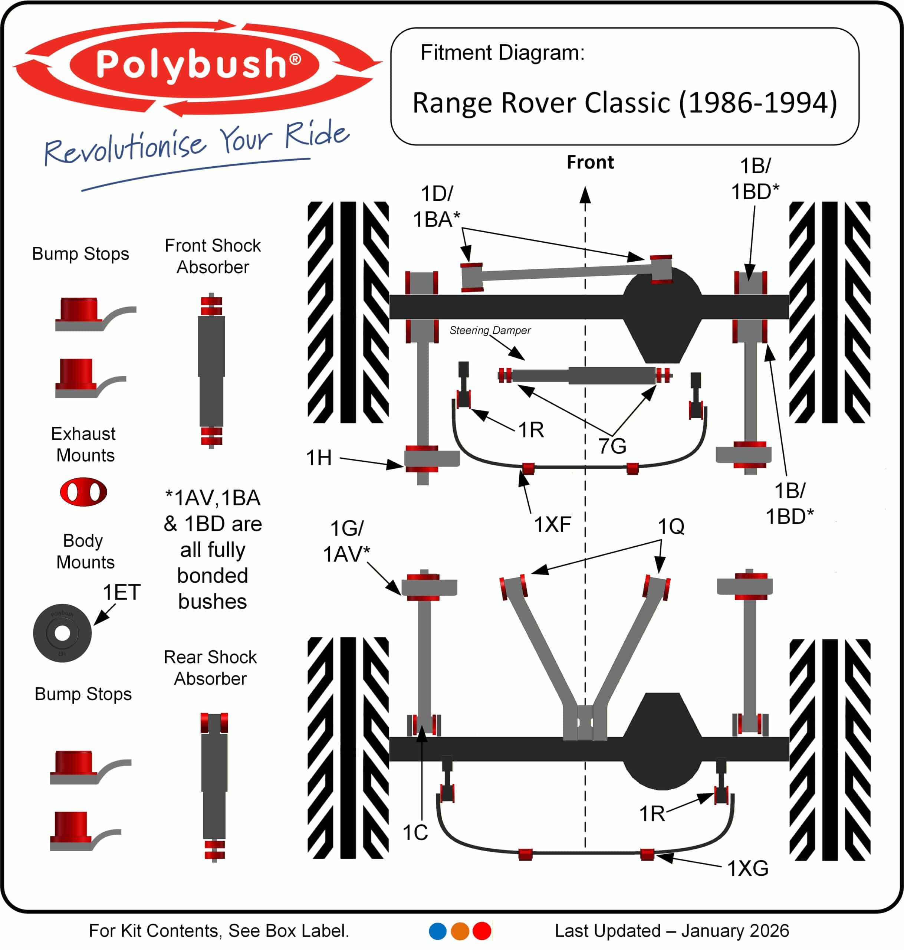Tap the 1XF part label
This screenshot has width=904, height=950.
552,524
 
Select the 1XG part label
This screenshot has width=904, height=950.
747,868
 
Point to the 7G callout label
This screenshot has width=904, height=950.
612,446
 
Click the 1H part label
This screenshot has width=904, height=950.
319,458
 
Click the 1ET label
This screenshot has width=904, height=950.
121,592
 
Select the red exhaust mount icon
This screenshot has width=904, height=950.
83,492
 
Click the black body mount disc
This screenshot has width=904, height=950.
62,633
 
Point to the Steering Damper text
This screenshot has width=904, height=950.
490,330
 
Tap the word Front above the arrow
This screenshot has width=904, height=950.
590,163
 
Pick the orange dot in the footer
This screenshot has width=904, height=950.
460,931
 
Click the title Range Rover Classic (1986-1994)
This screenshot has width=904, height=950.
625,103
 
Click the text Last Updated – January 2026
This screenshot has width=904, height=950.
671,931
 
